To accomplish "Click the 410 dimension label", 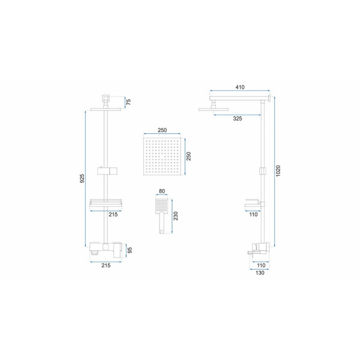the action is click(240, 87).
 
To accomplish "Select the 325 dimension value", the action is click(238, 119).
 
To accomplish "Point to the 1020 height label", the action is click(278, 171).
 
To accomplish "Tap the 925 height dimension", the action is click(82, 178).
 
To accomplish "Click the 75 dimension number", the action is click(129, 102).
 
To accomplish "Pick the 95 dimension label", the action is click(130, 250).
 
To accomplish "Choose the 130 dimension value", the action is click(260, 273).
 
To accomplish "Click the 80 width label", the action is click(162, 191).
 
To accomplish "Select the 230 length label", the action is click(176, 216).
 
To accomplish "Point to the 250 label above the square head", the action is click(162, 130).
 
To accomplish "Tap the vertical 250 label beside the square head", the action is click(188, 157).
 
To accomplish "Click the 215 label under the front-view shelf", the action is click(113, 214).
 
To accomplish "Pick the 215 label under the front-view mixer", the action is click(106, 265).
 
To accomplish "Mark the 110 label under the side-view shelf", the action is click(253, 214).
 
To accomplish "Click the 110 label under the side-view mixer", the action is click(261, 265).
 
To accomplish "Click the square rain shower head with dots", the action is click(162, 157).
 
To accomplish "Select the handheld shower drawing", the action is click(162, 216).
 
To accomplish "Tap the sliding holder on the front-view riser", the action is click(107, 171).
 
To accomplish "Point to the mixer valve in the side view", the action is click(260, 249).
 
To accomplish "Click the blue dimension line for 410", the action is click(240, 91).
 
